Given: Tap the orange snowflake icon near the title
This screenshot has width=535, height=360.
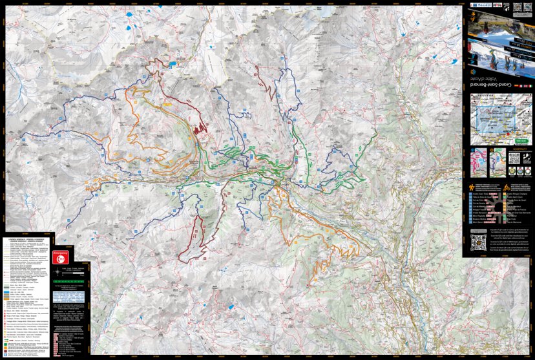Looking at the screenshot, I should coord(472,72).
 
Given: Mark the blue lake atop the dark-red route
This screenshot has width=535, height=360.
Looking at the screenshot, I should coord(173,65).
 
